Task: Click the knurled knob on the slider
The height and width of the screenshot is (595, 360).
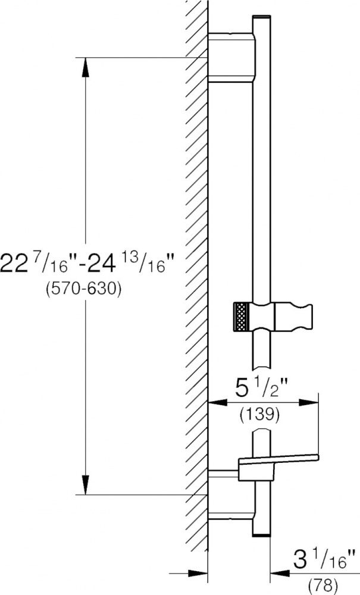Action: tap(241, 317)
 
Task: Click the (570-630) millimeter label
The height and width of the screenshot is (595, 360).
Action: tap(83, 290)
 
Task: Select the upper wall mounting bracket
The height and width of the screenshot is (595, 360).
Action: tap(232, 57)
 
